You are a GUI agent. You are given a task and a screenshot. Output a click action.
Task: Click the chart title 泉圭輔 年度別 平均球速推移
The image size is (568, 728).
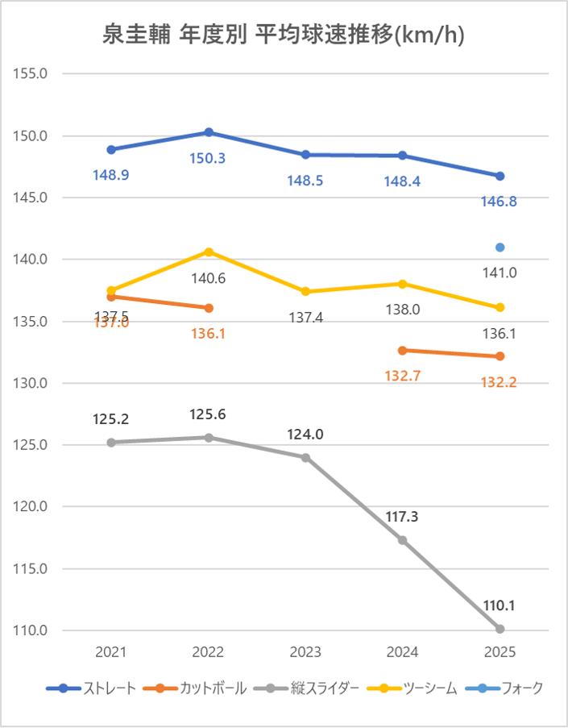pyautogui.click(x=284, y=35)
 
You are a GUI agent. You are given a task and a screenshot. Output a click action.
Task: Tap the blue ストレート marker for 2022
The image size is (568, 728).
pyautogui.click(x=209, y=132)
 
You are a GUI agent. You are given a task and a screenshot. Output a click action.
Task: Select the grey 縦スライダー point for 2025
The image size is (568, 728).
pyautogui.click(x=500, y=629)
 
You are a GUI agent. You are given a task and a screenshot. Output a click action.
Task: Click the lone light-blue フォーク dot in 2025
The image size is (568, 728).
pyautogui.click(x=500, y=248)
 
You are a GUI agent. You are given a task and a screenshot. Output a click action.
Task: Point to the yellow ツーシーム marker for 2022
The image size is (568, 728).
pyautogui.click(x=209, y=252)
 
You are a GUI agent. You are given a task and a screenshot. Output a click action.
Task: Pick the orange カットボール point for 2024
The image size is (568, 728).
pyautogui.click(x=403, y=350)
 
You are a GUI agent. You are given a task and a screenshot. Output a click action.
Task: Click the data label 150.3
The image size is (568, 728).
pyautogui.click(x=208, y=158)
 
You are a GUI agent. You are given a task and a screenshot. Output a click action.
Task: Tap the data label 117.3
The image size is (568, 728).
pyautogui.click(x=403, y=516)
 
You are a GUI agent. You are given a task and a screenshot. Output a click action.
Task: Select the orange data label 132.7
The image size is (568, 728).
pyautogui.click(x=403, y=376)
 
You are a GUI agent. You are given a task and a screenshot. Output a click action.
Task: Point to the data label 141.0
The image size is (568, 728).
pyautogui.click(x=500, y=272)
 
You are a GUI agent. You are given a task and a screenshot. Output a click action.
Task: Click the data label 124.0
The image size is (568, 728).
pyautogui.click(x=305, y=435)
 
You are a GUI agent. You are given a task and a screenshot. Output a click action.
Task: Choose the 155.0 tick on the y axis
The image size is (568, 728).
pyautogui.click(x=31, y=73)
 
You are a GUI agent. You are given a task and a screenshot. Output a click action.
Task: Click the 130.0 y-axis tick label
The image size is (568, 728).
pyautogui.click(x=31, y=383)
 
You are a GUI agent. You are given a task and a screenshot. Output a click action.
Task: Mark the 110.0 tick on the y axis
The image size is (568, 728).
pyautogui.click(x=31, y=630)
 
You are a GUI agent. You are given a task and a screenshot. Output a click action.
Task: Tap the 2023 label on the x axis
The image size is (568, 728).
pyautogui.click(x=305, y=651)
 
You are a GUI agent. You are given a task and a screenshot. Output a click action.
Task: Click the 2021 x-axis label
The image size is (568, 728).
pyautogui.click(x=110, y=651)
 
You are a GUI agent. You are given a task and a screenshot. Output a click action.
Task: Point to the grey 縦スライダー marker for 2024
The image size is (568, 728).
pyautogui.click(x=403, y=540)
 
